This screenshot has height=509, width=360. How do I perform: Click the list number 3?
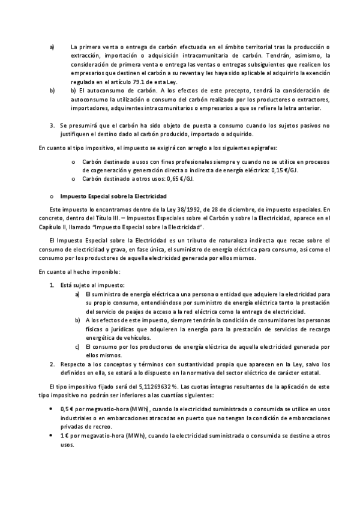52,125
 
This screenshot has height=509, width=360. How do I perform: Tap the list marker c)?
77,346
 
